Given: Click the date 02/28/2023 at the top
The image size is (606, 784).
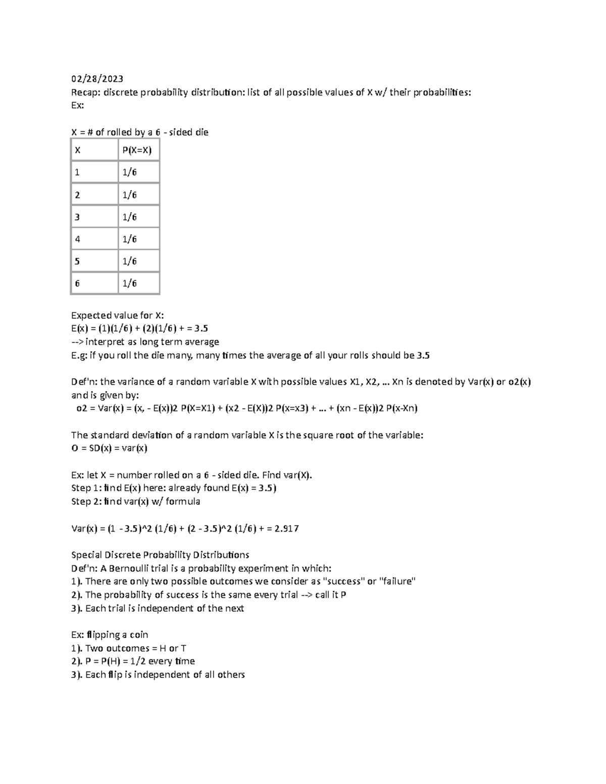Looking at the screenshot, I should pyautogui.click(x=96, y=79).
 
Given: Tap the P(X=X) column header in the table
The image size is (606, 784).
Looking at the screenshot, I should pyautogui.click(x=137, y=150).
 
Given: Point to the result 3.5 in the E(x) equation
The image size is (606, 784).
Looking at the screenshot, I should pyautogui.click(x=200, y=329).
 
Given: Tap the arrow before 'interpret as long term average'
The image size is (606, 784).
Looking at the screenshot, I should pyautogui.click(x=77, y=342).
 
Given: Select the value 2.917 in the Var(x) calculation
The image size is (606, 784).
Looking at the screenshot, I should pyautogui.click(x=286, y=529).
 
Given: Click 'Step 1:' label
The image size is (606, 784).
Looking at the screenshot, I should pyautogui.click(x=86, y=488).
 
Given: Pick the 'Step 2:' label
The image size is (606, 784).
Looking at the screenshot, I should pyautogui.click(x=86, y=501).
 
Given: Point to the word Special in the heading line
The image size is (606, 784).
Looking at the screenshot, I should pyautogui.click(x=86, y=555).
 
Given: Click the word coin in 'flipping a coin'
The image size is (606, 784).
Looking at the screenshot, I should pyautogui.click(x=139, y=635).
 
